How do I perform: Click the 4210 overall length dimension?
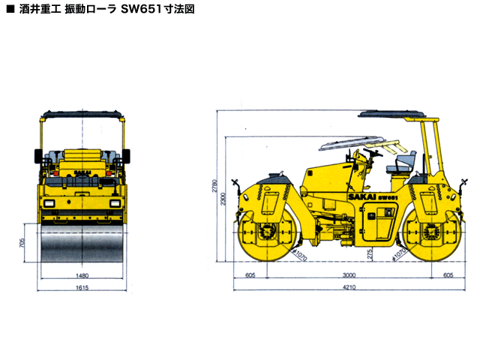point(349,287)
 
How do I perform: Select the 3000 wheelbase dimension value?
point(349,275)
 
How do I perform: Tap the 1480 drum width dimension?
point(82,276)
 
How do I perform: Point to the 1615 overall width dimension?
point(82,288)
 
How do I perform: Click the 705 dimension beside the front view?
point(22,243)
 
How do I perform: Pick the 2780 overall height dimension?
point(214,185)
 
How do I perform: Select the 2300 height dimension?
point(223,199)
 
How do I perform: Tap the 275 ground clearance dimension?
point(370,253)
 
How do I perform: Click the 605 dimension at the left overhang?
point(250,275)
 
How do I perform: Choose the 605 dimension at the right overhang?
point(448,275)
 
